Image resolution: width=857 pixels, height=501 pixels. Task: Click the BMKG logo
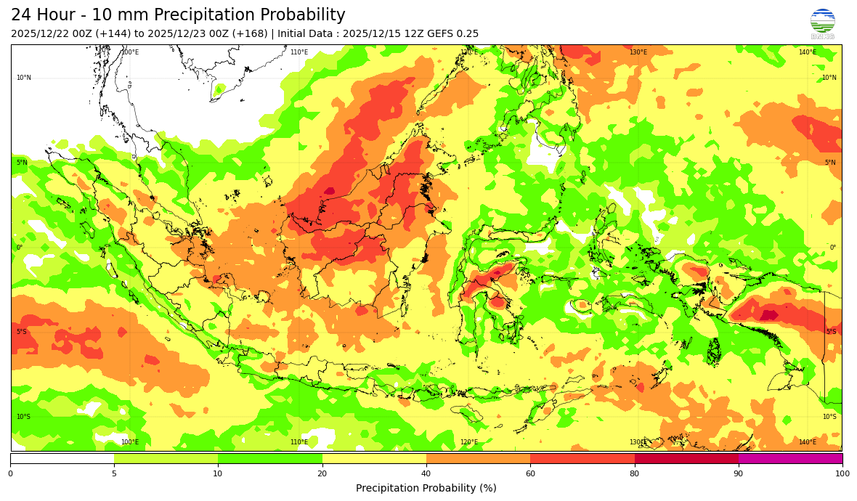click(x=822, y=23)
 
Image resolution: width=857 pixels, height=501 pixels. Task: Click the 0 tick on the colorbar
click(x=10, y=474)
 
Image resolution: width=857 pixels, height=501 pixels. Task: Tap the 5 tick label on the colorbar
click(x=114, y=474)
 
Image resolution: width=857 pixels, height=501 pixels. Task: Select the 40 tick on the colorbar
click(x=426, y=474)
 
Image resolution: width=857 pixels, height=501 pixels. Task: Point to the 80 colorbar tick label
click(x=634, y=474)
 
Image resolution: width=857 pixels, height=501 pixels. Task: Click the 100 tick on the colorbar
click(x=842, y=474)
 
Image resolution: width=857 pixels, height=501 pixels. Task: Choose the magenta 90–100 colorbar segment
click(x=790, y=458)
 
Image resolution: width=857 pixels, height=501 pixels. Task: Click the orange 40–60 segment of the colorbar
click(x=478, y=458)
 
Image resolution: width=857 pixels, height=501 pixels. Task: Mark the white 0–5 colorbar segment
click(x=62, y=458)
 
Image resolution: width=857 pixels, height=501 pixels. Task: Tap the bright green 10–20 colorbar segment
click(x=270, y=458)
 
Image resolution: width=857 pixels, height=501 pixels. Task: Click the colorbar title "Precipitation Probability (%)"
click(x=426, y=488)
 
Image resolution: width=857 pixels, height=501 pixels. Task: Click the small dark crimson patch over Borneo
click(x=329, y=191)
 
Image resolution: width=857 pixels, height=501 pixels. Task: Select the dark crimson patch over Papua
click(x=768, y=315)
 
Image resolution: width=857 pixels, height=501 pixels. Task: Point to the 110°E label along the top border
click(x=298, y=52)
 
